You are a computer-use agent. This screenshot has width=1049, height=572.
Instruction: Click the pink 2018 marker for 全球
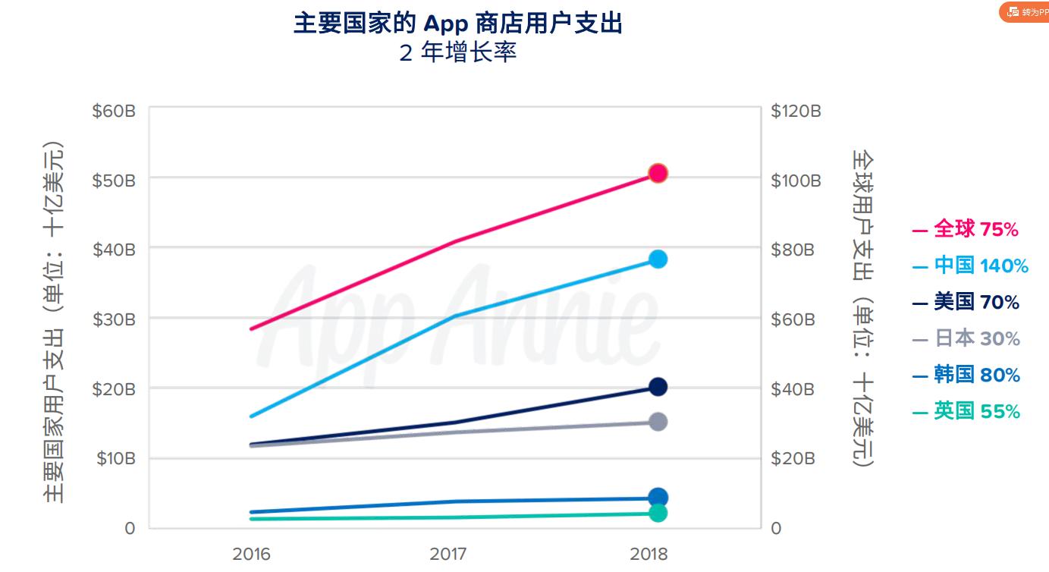click(658, 173)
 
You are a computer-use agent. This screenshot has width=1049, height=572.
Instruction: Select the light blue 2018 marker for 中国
click(658, 259)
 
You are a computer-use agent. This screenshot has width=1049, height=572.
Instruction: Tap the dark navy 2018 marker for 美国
click(658, 387)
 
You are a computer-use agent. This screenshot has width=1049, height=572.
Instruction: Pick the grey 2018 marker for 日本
click(658, 422)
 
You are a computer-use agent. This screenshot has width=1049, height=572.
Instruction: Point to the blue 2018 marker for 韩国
click(658, 498)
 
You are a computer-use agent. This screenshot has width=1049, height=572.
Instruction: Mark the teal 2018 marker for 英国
click(658, 514)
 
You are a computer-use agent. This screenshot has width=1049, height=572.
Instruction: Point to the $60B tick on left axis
click(114, 112)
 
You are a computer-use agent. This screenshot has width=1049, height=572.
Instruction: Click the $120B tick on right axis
click(796, 112)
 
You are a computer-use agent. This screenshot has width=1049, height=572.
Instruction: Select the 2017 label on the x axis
click(448, 553)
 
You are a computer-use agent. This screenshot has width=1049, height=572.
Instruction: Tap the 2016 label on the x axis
click(251, 553)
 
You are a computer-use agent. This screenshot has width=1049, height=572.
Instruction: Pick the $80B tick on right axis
click(793, 250)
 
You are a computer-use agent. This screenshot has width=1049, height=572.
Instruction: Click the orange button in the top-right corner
click(1025, 12)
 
